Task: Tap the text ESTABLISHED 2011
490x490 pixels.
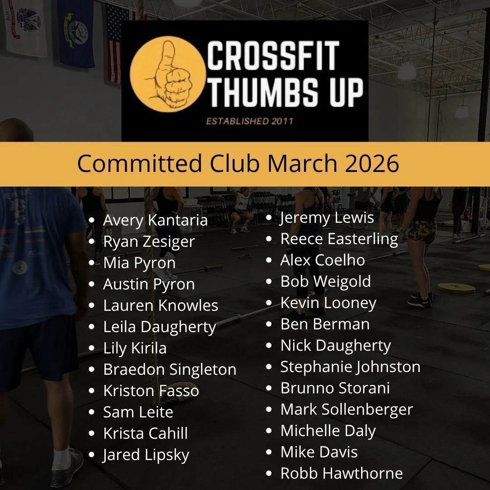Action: (x=250, y=121)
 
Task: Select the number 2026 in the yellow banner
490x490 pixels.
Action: (x=372, y=164)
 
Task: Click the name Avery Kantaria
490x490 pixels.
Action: (x=155, y=220)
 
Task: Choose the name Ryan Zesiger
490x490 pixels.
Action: (x=149, y=242)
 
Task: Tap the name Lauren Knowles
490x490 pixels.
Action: (x=161, y=305)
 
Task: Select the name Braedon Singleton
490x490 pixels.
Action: (x=170, y=369)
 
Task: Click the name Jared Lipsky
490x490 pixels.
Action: (x=146, y=455)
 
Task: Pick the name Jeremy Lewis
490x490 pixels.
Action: (x=327, y=218)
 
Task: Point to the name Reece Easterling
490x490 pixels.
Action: (x=339, y=239)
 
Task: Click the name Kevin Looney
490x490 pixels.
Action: (x=328, y=303)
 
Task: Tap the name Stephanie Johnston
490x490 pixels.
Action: (x=350, y=367)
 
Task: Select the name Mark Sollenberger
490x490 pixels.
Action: (x=347, y=409)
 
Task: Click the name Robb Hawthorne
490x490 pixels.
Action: (x=342, y=473)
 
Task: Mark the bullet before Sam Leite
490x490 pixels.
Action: (x=93, y=412)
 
